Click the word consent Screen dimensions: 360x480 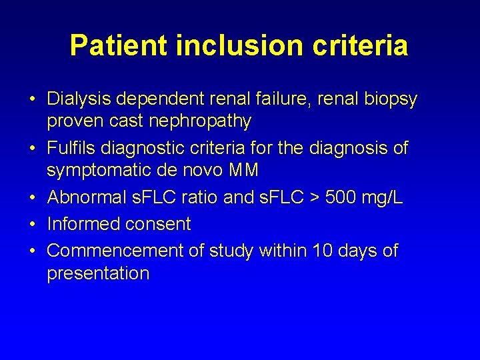[x=157, y=225]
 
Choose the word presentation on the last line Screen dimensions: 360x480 [x=98, y=273]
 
